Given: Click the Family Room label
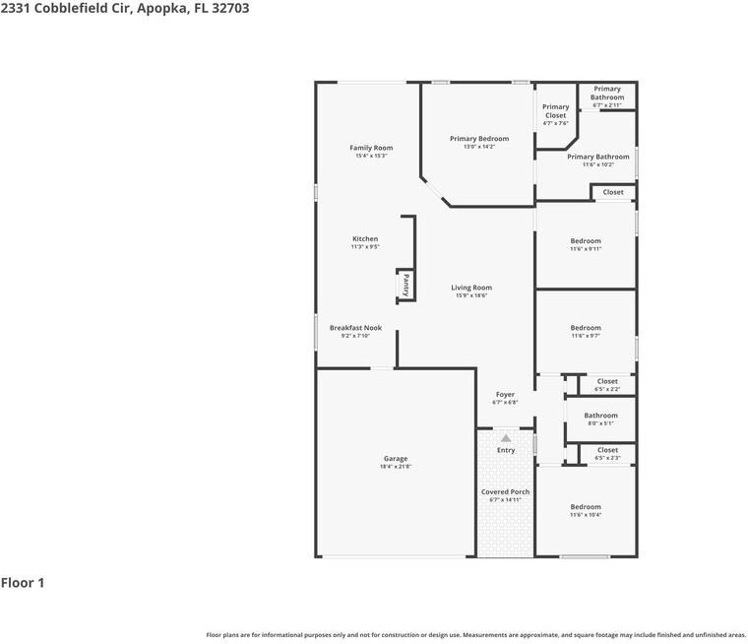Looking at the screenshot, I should pos(371,148).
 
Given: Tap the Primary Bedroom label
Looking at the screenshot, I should pos(479,139).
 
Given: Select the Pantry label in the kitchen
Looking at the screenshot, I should pos(405,285).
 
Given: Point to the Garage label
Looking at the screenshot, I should pos(396,459).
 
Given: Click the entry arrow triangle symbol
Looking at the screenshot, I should pos(506,437).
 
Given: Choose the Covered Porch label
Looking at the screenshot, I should pos(505,491).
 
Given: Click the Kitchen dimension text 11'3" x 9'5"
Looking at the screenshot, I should pos(365,247).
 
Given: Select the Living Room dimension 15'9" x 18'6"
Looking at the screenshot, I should pos(471,295).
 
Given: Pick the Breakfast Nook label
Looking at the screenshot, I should pos(355,328).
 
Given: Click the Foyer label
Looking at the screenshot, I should pos(505,394).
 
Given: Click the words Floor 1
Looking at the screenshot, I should pos(23,583).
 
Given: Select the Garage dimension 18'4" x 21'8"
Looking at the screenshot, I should pos(396,467).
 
